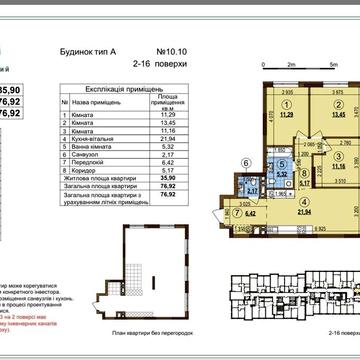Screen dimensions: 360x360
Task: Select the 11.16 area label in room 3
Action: (312, 166)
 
